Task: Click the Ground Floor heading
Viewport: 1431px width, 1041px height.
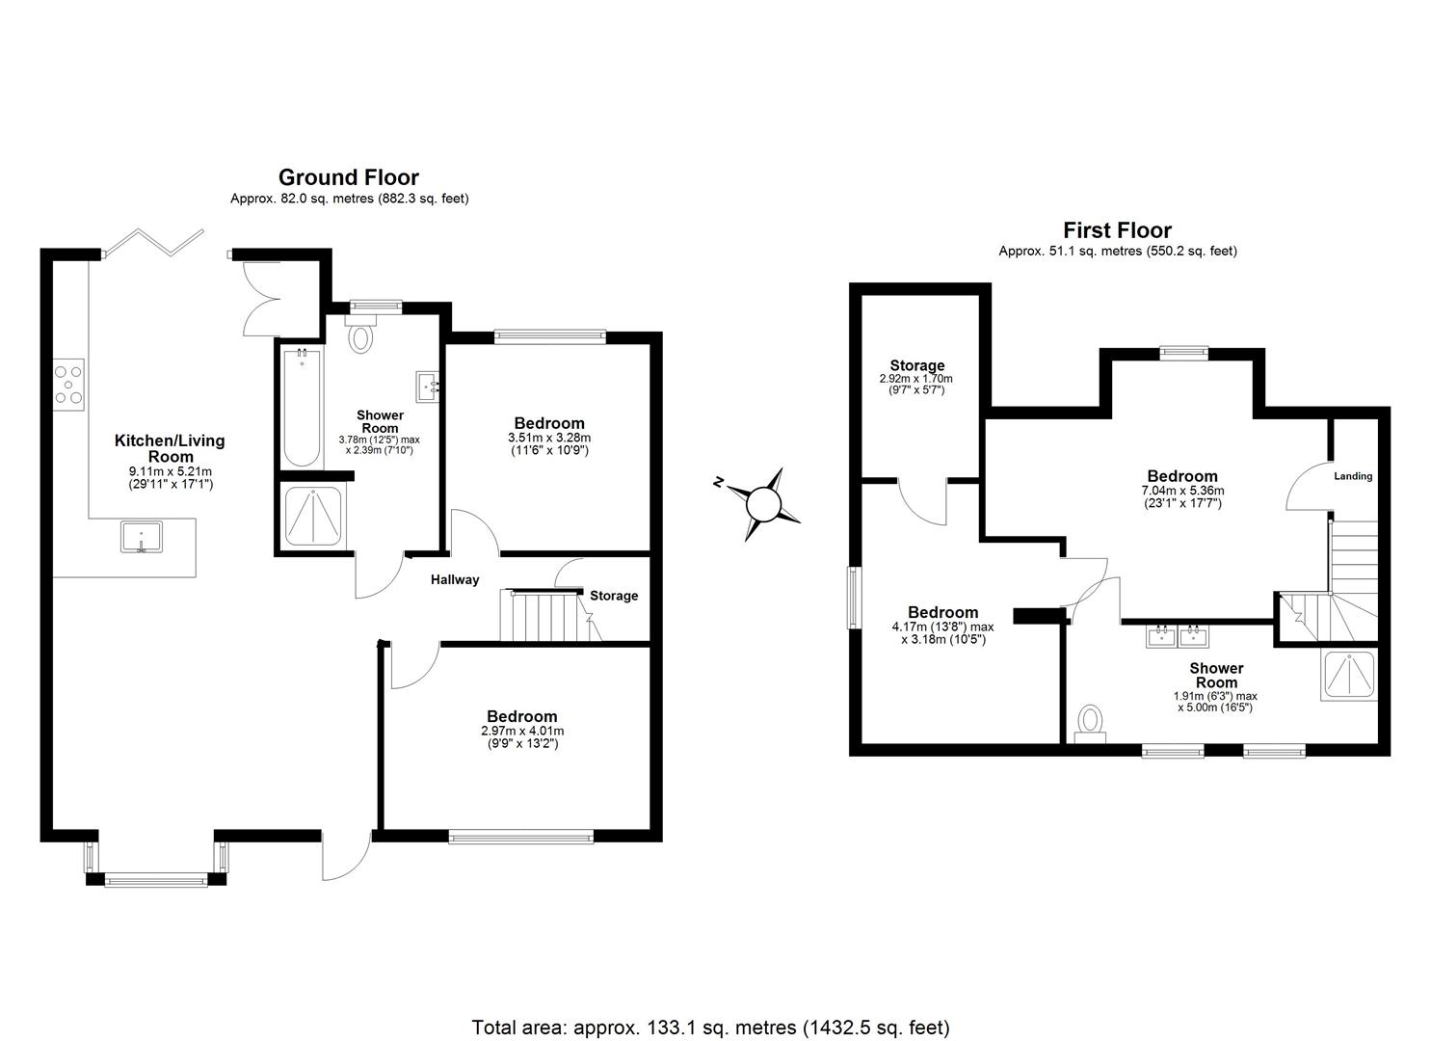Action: [x=349, y=177]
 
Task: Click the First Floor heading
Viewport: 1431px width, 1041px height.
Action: [x=1117, y=230]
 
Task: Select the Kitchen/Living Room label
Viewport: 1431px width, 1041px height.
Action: [x=170, y=448]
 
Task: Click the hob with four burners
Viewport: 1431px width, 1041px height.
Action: [x=68, y=384]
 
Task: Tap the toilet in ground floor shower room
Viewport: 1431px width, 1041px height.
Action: [x=362, y=336]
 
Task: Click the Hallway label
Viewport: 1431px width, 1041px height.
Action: [x=455, y=579]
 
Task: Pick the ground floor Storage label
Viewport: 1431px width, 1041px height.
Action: [x=614, y=596]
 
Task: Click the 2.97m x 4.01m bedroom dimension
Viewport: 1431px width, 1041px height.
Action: [x=520, y=732]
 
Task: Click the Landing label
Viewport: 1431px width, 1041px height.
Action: [x=1353, y=476]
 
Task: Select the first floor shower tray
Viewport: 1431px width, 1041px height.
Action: [x=1348, y=675]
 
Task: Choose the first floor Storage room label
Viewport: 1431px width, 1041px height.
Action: [x=916, y=365]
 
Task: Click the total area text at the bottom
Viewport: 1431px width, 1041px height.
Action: [x=710, y=1028]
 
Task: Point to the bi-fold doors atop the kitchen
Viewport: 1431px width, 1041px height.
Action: [x=154, y=243]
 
